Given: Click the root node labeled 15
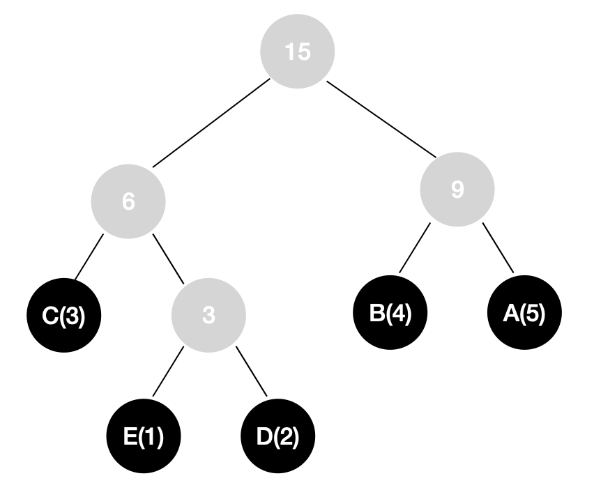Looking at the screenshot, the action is coord(298,52).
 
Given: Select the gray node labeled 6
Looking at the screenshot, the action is coord(128,201).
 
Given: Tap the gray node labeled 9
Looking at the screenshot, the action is coord(457,190).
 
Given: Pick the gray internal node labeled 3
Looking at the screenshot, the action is coord(208,315).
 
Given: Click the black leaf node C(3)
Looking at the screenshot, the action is coord(64,315).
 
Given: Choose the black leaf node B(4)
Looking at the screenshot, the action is coord(390,312).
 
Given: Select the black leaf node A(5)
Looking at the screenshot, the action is coord(524,312).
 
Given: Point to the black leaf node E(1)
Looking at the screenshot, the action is coord(144,436).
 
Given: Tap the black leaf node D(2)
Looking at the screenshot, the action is coord(277,436).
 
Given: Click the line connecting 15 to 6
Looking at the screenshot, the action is coord(211,123).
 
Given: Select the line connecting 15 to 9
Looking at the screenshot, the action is coord(381,119).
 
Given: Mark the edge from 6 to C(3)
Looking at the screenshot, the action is coord(89,257).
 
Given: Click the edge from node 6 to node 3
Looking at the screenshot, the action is coord(168,259).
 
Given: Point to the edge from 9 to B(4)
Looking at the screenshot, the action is coord(415,247).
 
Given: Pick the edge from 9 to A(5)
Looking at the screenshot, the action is coord(498,247).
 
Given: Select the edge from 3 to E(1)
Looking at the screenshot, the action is coord(168,371).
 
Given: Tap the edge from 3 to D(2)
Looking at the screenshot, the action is coord(252,371).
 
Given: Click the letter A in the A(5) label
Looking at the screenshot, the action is coord(511,313).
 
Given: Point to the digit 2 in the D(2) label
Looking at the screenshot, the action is coord(285,436).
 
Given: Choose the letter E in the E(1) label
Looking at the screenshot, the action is coord(130,436).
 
